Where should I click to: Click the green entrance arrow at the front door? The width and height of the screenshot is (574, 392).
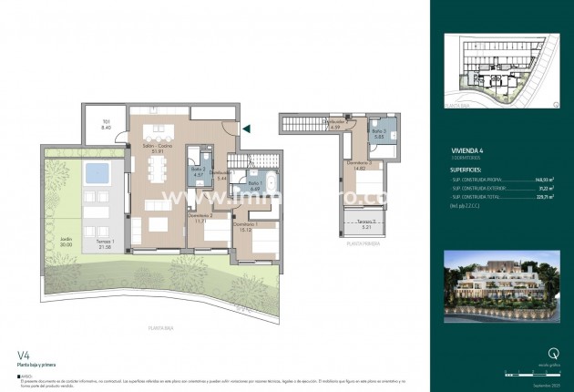pos(244,129)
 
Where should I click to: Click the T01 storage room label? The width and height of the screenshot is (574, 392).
pos(107,125)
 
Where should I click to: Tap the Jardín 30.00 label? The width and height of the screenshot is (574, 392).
pos(66,242)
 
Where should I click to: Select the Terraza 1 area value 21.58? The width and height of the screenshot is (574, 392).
pos(105,248)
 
